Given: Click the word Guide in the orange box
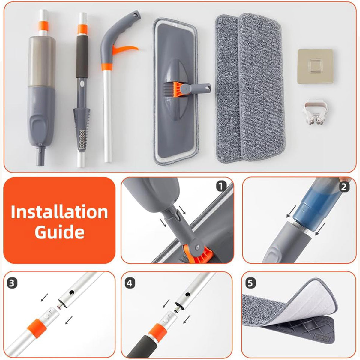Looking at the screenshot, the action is [x=60, y=232].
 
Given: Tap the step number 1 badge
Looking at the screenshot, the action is [x=221, y=186].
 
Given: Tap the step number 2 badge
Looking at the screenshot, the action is [x=344, y=187].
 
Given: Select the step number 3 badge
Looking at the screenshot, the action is [x=12, y=283].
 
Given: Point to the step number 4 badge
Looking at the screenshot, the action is [x=130, y=283].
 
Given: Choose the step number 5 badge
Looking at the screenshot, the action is [x=250, y=283].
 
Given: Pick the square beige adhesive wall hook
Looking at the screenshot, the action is [x=315, y=66].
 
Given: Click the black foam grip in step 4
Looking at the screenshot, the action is [x=140, y=347].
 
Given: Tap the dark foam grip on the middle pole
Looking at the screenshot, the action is [x=82, y=56].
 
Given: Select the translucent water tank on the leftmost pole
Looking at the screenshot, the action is [x=42, y=62].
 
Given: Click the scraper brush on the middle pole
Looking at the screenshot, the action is [x=82, y=128].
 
